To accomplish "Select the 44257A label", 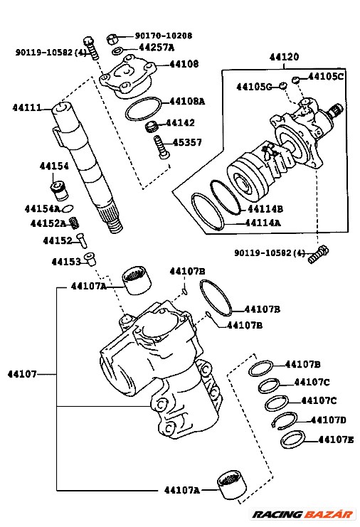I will tap(156, 48).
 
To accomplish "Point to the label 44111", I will tap(26, 108).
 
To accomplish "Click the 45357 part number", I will tap(188, 142).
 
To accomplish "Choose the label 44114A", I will tap(263, 223).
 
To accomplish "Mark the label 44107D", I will tap(329, 420).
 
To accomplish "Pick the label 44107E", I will tap(336, 440).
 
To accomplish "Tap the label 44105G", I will tap(255, 87).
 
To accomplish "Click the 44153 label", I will tap(65, 262).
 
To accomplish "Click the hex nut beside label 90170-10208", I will tap(112, 38).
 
